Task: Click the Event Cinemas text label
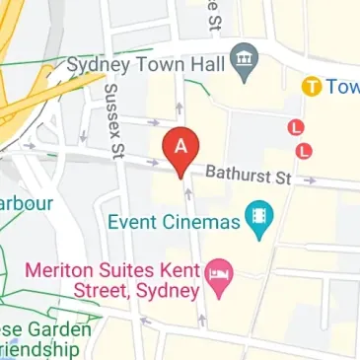point(175,222)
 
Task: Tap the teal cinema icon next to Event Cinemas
point(259,218)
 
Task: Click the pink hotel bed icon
point(219,285)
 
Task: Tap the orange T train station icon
point(312,87)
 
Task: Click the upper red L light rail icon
point(295,127)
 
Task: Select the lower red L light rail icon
point(305,150)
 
